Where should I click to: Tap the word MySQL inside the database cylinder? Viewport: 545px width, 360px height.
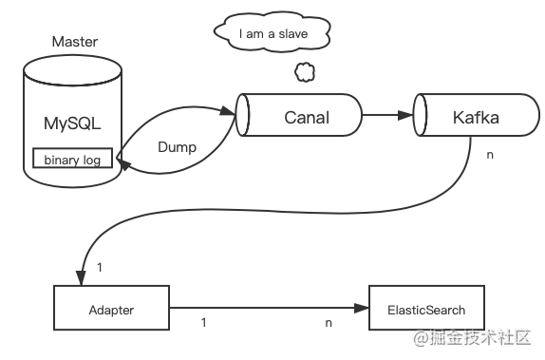tap(72, 123)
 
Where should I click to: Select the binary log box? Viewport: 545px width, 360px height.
tap(72, 160)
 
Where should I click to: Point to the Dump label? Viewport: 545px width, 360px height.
tap(176, 149)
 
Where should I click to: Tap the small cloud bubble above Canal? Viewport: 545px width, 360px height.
tap(304, 71)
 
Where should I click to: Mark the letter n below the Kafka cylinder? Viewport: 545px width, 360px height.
tap(490, 154)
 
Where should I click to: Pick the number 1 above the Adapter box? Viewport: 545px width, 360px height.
tap(100, 267)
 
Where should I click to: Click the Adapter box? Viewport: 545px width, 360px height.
tap(111, 310)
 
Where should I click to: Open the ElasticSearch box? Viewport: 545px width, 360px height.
tap(426, 310)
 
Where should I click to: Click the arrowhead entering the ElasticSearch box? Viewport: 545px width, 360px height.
tap(362, 310)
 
